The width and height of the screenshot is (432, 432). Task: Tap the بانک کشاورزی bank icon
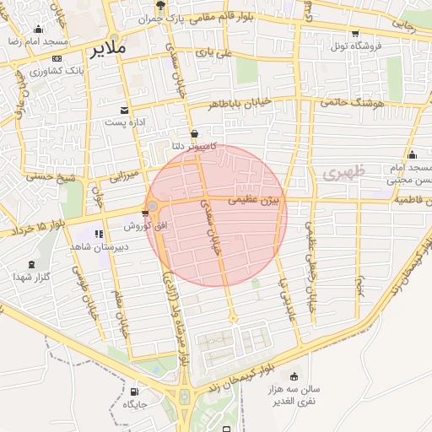click(57, 58)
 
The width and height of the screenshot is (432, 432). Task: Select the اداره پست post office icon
click(125, 111)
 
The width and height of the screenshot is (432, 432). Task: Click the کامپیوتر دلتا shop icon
click(195, 133)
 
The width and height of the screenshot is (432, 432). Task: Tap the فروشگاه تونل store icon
click(355, 34)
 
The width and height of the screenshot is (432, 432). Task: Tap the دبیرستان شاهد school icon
click(99, 235)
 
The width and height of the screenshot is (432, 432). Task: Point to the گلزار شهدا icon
click(33, 264)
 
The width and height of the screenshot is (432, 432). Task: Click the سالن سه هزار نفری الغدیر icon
click(294, 376)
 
